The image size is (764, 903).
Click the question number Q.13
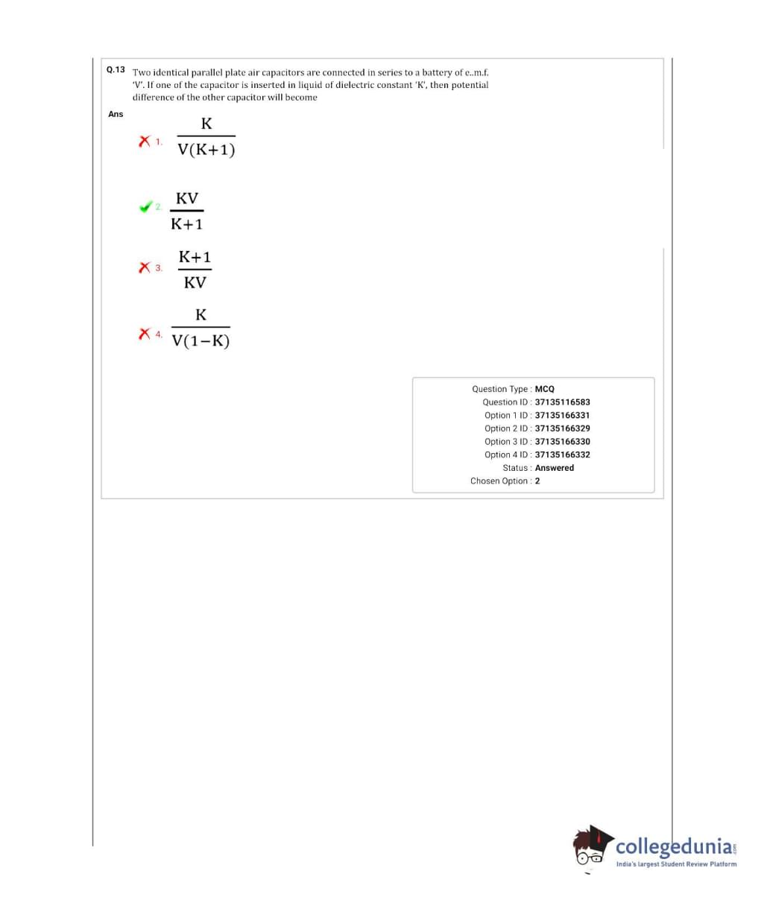coord(116,70)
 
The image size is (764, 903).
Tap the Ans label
coord(116,114)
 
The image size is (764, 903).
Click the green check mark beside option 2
coord(145,207)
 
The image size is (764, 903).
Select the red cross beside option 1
coord(145,141)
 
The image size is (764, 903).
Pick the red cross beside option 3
coord(145,267)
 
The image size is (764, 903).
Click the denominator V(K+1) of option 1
coord(206,150)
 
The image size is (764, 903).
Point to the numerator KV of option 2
coord(187,199)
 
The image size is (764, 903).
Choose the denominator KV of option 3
coord(195,282)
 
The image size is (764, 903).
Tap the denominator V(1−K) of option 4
coord(201,341)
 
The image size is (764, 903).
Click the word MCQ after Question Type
coord(545,389)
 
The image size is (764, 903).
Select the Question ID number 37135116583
coord(562,402)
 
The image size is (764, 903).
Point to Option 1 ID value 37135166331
coord(562,415)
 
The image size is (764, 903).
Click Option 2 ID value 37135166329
coord(562,428)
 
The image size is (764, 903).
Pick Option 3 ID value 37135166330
coord(562,442)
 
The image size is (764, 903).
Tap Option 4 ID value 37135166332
coord(562,454)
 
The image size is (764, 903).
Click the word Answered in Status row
coord(555,468)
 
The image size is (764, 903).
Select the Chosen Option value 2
coord(537,481)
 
